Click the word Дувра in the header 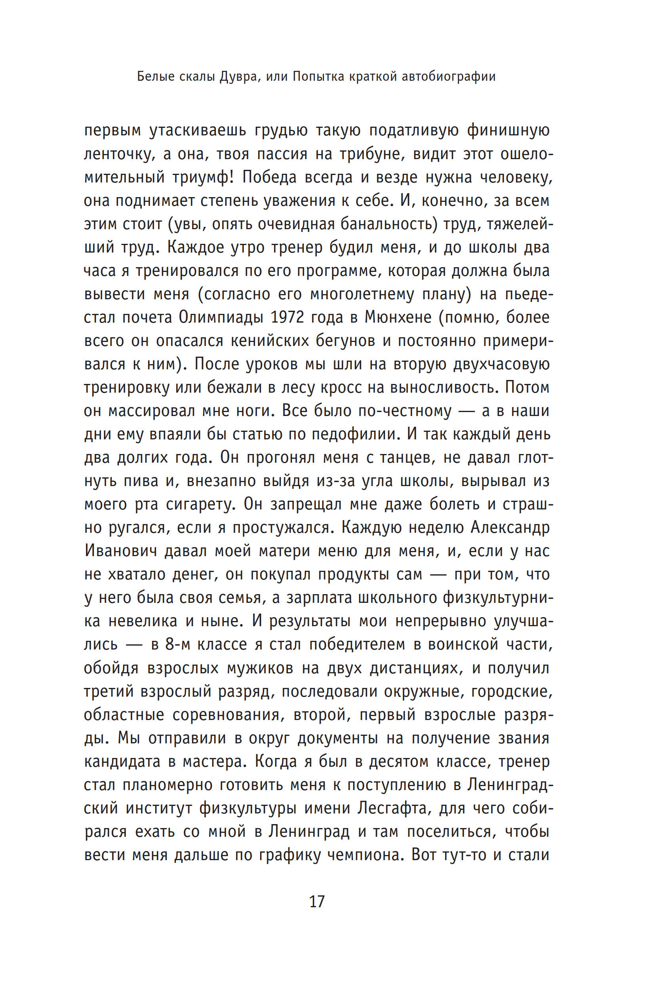point(238,76)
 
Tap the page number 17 point(316,902)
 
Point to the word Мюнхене point(398,317)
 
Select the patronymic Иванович point(120,551)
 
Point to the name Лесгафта point(392,808)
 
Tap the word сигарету point(201,505)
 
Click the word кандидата point(122,761)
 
